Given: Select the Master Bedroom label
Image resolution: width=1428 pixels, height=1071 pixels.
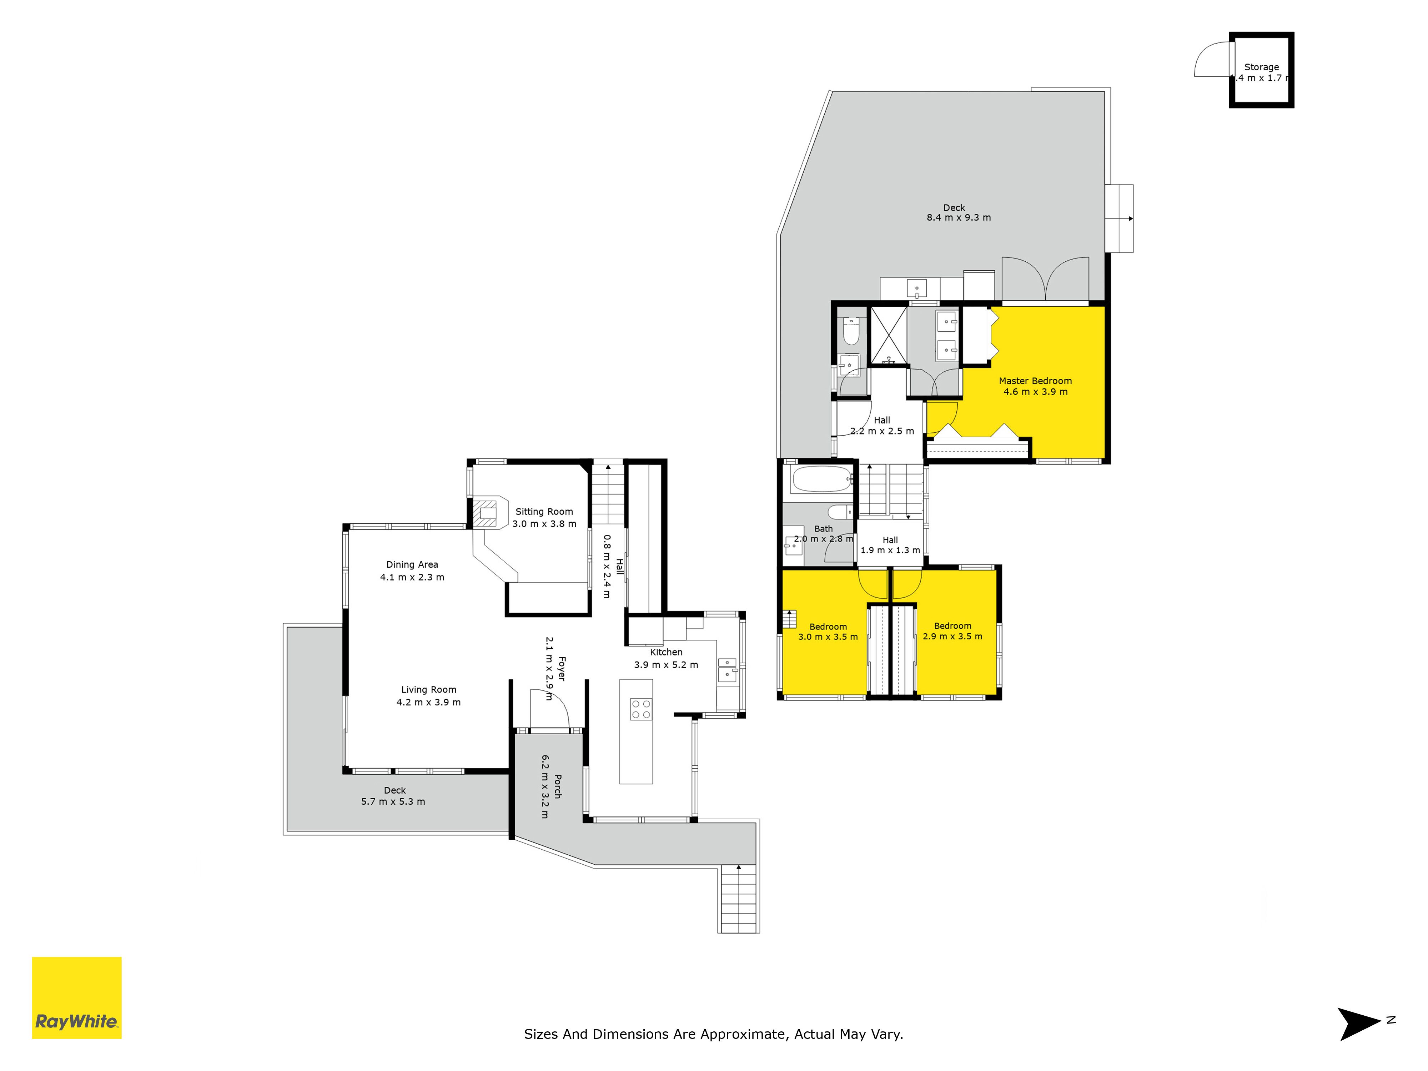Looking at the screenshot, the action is pyautogui.click(x=1036, y=381).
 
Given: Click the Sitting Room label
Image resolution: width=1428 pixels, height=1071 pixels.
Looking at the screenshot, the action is pyautogui.click(x=544, y=511).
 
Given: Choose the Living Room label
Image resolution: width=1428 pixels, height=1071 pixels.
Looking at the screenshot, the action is pyautogui.click(x=429, y=689).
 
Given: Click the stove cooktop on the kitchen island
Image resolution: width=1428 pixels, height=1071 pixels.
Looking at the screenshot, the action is pyautogui.click(x=641, y=709).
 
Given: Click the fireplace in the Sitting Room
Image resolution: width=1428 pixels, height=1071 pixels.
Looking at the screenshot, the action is pyautogui.click(x=486, y=513).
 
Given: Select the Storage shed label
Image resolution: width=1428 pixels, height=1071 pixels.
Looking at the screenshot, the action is pyautogui.click(x=1261, y=67).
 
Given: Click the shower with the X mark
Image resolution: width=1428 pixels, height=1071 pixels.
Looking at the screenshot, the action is pyautogui.click(x=888, y=336).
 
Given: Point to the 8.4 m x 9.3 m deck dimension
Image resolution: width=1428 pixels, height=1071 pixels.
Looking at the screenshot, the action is pyautogui.click(x=959, y=217).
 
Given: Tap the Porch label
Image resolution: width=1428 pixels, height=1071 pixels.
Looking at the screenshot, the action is pyautogui.click(x=558, y=786).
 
